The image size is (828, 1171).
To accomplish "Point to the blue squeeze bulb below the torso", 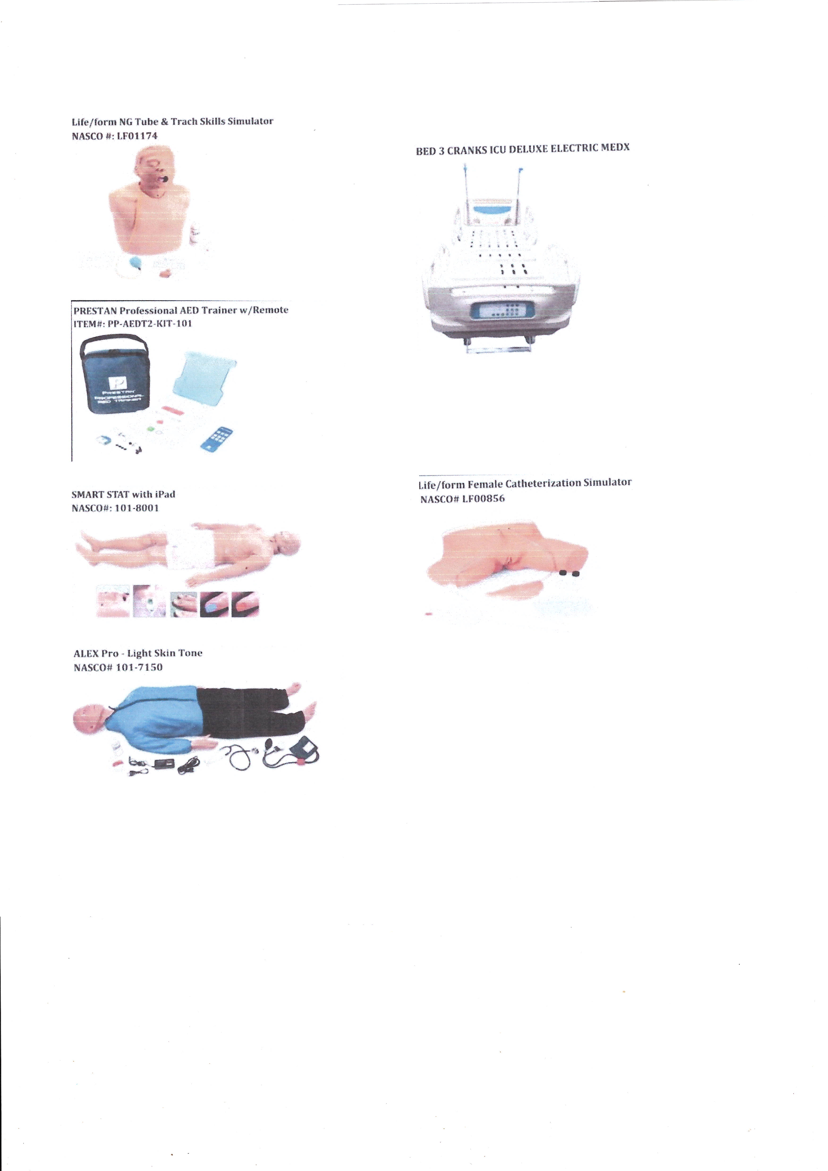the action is [x=137, y=263].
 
